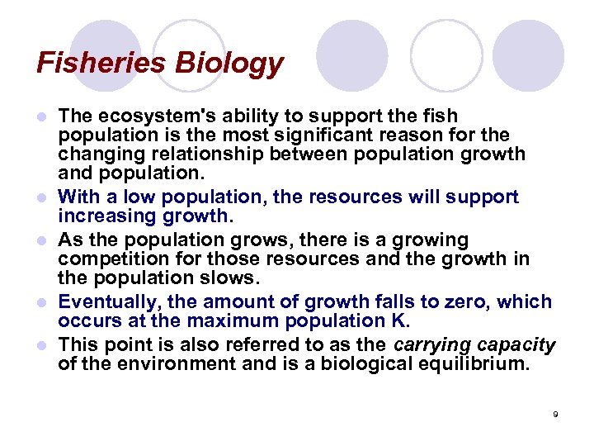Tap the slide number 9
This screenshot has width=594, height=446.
point(555,414)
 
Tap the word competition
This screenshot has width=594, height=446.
point(108,259)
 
